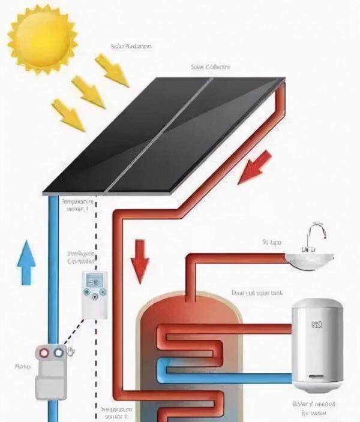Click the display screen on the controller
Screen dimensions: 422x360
point(95,281)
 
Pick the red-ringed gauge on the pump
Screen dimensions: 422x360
point(44,354)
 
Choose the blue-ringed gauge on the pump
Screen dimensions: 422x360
point(58,354)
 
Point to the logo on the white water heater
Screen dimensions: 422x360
point(316,326)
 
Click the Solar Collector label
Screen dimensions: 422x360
point(211,67)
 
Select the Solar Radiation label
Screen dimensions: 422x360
point(131,46)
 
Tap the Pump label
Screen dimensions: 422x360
point(19,365)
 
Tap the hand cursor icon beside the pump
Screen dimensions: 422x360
point(72,350)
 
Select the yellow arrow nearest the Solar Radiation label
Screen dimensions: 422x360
point(112,70)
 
